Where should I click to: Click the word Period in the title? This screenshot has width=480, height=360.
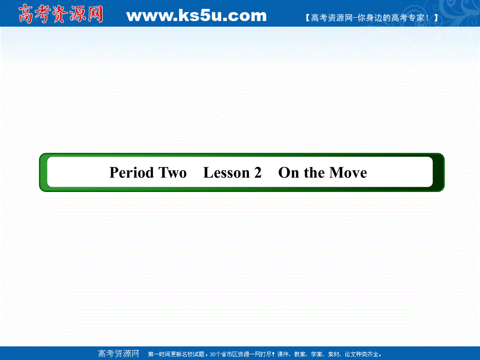(x=131, y=173)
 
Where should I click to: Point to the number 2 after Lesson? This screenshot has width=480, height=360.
(x=257, y=173)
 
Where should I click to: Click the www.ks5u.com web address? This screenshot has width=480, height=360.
(x=196, y=16)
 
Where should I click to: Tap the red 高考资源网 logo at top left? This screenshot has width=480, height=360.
(x=61, y=14)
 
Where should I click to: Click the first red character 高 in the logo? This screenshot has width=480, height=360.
(x=27, y=14)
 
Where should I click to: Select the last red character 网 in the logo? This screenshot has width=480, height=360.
(x=94, y=14)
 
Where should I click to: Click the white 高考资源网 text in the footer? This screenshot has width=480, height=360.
(x=118, y=353)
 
